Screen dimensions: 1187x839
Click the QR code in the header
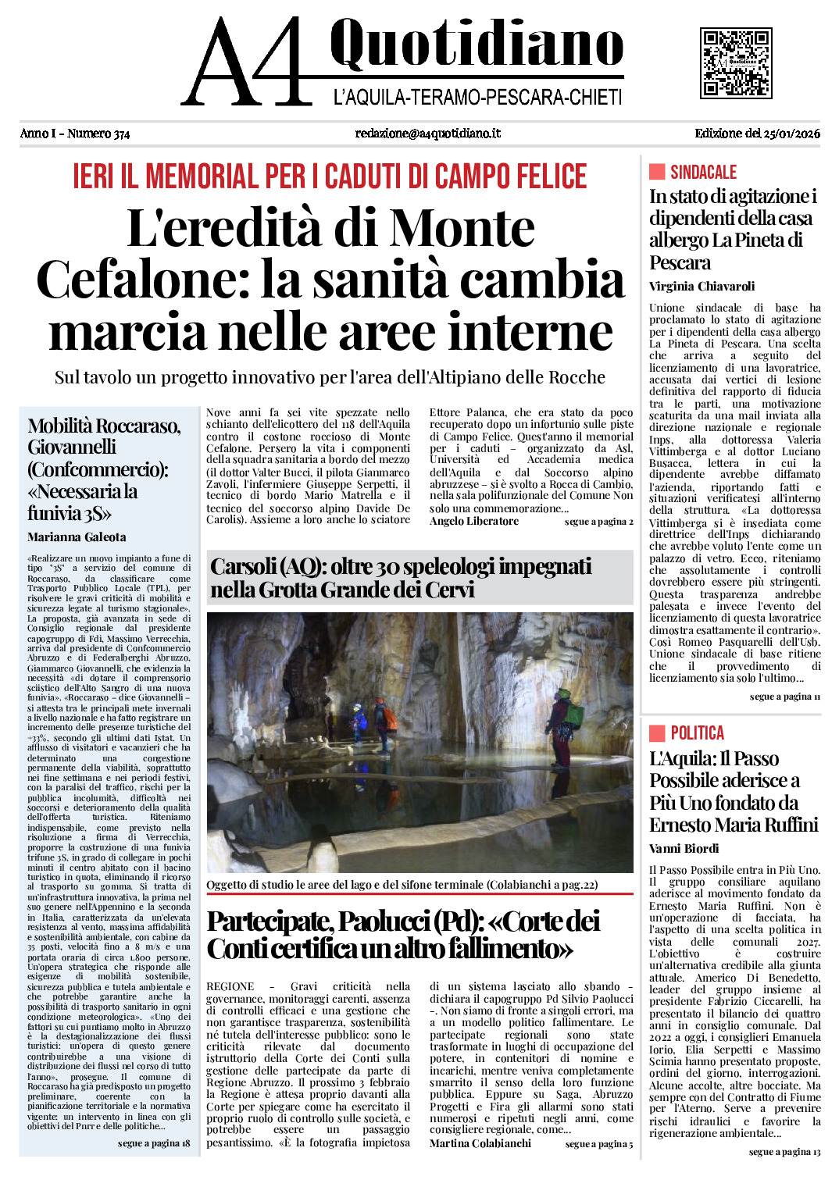735,62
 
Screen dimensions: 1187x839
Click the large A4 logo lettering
246,62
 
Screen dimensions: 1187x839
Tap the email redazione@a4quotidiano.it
427,134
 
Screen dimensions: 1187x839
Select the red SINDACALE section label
703,172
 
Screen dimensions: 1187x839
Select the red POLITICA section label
697,733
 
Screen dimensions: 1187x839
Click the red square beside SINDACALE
657,172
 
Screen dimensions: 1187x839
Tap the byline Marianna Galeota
77,536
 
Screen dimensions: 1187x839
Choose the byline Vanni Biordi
684,848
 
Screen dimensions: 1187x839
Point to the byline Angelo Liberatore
473,521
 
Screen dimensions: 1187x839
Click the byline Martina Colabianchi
480,1143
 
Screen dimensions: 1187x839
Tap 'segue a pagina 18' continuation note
154,1143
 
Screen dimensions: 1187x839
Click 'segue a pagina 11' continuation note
784,697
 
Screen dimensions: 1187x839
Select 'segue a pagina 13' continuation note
784,1152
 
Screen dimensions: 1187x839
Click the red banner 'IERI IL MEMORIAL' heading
330,176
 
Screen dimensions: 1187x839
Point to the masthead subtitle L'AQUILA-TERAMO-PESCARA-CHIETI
477,98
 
